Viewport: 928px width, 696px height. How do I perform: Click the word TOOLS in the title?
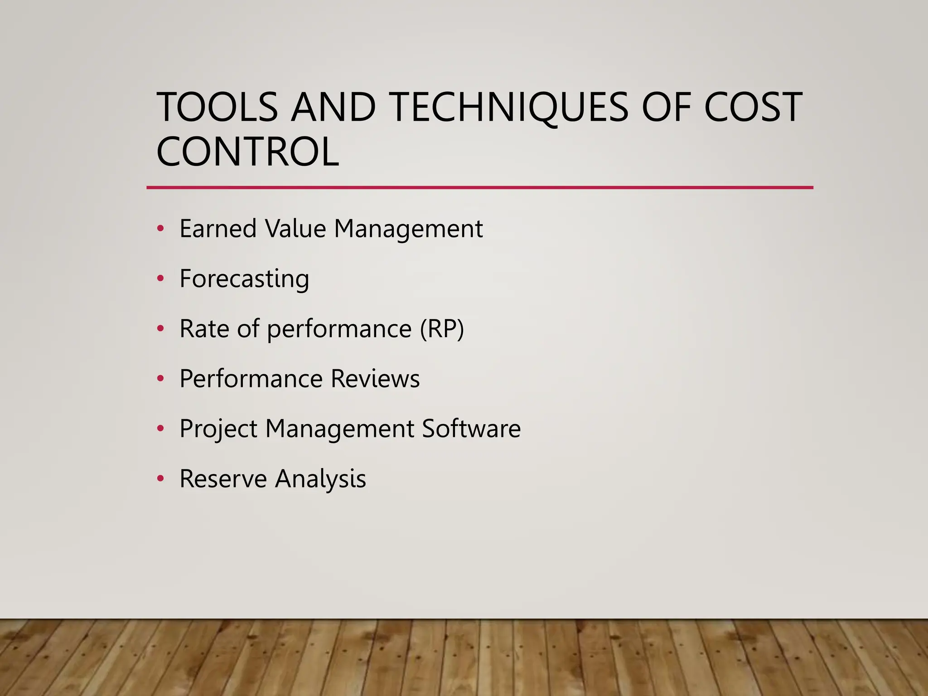point(217,107)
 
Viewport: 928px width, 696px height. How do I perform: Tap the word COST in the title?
point(753,107)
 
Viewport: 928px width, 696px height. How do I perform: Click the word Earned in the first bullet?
point(218,228)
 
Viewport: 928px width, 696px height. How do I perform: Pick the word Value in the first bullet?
point(295,228)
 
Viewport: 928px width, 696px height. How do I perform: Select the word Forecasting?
point(244,279)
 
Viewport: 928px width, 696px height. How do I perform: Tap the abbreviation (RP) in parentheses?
point(442,329)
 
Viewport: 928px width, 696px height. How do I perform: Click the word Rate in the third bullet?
point(203,329)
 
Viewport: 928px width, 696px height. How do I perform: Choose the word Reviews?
point(375,378)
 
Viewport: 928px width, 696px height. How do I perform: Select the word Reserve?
point(223,478)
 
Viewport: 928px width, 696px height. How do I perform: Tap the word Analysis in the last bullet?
point(320,479)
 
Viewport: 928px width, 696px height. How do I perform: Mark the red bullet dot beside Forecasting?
point(160,279)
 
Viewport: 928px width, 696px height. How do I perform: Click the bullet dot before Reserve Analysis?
point(160,478)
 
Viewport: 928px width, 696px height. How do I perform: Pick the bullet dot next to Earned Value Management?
point(160,228)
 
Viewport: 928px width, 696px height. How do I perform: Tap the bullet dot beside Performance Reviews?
point(160,378)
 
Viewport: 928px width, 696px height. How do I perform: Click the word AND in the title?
point(333,107)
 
